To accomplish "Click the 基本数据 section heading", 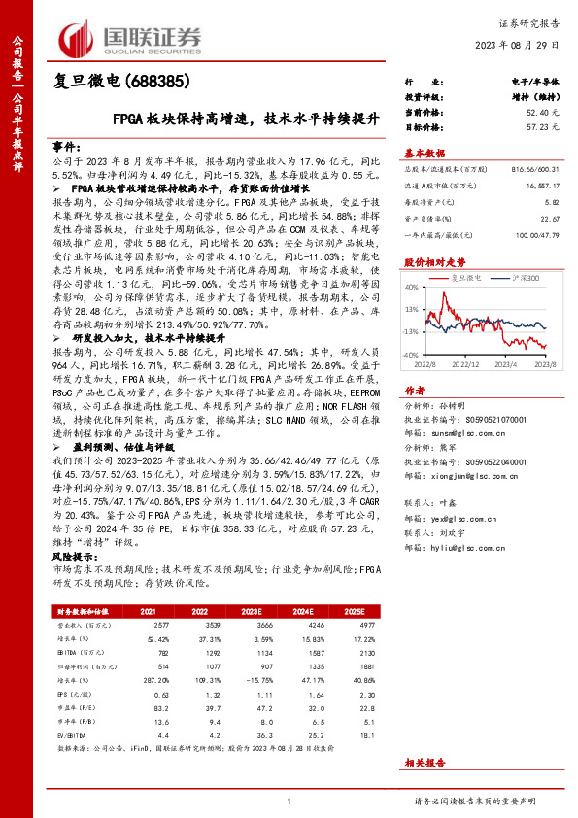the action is [x=424, y=153].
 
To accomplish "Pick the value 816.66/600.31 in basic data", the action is [x=534, y=169].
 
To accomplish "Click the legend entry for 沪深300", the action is [x=524, y=279].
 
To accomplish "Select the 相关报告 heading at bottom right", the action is [x=425, y=765].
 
